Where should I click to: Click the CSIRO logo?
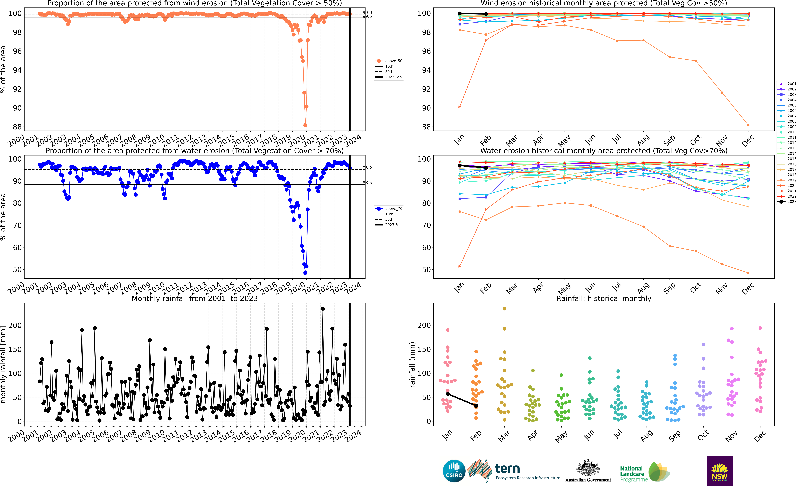(454, 471)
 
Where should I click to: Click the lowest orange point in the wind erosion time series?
(305, 125)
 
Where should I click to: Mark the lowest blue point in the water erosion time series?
(305, 273)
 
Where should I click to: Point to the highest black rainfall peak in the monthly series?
(323, 309)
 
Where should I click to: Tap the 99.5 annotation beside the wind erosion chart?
(367, 17)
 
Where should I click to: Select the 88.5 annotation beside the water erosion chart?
(367, 183)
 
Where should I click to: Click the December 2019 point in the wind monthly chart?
(748, 125)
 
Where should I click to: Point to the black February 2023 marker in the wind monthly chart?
(486, 14)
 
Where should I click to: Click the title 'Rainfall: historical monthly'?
(604, 298)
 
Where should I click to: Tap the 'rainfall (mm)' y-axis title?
(412, 365)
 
